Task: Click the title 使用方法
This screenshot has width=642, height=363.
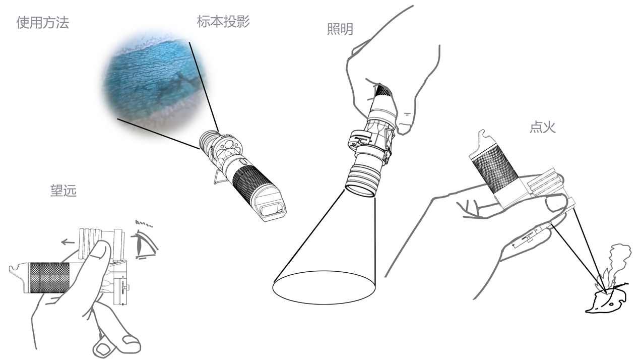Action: [x=43, y=22]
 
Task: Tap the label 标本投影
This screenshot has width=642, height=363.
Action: [x=223, y=22]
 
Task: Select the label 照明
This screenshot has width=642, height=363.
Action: [x=340, y=29]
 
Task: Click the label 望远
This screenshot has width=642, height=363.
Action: [x=63, y=191]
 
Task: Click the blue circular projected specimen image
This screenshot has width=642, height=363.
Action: [x=155, y=83]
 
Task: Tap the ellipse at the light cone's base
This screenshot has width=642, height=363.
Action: [x=324, y=287]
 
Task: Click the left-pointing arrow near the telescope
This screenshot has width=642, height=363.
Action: [x=68, y=243]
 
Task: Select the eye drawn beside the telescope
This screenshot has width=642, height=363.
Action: [x=145, y=243]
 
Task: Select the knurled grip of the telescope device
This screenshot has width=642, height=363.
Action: [x=49, y=278]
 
